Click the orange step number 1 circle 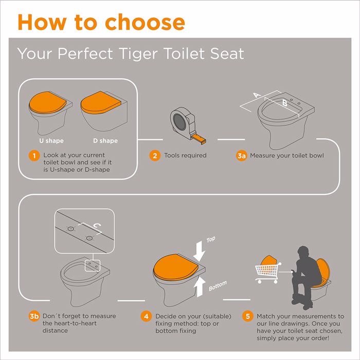(34, 156)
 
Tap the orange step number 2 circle (155, 156)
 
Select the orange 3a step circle (241, 156)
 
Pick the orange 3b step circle (34, 316)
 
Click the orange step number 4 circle (146, 316)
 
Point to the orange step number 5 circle (248, 316)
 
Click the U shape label (51, 141)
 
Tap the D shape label (105, 141)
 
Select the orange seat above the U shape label (48, 102)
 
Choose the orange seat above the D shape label (101, 103)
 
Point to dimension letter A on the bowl (257, 95)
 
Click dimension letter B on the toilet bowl (285, 103)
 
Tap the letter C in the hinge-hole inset (97, 226)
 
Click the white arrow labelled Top (200, 251)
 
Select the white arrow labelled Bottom (200, 286)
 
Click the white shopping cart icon (268, 273)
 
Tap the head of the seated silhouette (303, 253)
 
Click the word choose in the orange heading (145, 22)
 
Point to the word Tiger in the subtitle (139, 53)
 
